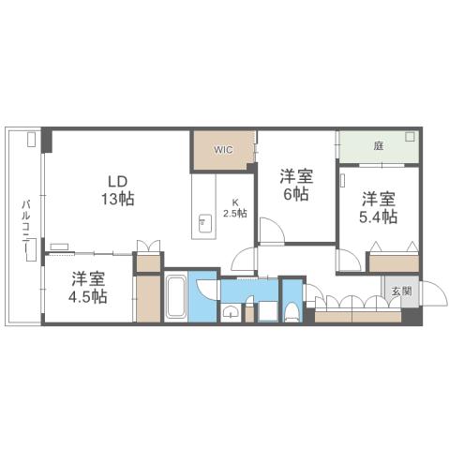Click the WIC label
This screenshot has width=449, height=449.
coord(223,148)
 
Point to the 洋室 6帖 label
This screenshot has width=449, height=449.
coord(295,185)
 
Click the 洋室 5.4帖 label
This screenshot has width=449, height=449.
coord(379,207)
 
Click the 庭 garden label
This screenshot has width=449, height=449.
coord(378,146)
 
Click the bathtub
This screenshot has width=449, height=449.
coord(174,297)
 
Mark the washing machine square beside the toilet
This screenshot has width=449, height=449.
coord(266,311)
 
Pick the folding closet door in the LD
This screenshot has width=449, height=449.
coord(147,247)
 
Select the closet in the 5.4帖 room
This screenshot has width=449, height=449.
coord(393,262)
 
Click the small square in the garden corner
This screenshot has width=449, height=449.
coord(410,137)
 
